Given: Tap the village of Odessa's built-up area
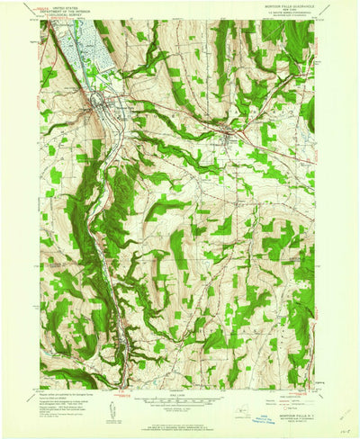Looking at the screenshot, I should [x=236, y=137].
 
